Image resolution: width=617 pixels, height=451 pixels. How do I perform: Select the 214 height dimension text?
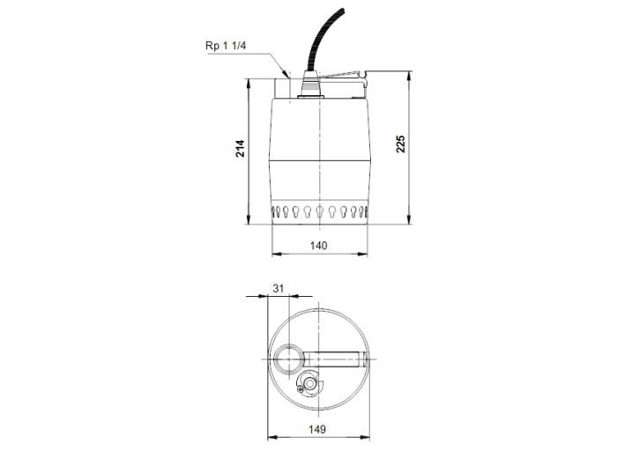point(240,149)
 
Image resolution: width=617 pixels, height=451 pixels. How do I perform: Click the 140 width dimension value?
point(318,246)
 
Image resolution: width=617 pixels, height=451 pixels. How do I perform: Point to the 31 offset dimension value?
point(279,288)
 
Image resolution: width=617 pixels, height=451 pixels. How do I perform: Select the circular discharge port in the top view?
point(288,359)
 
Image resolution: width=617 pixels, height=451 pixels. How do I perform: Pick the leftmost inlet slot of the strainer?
point(275,211)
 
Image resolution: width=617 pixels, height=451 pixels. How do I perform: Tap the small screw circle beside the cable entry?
point(301,388)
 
